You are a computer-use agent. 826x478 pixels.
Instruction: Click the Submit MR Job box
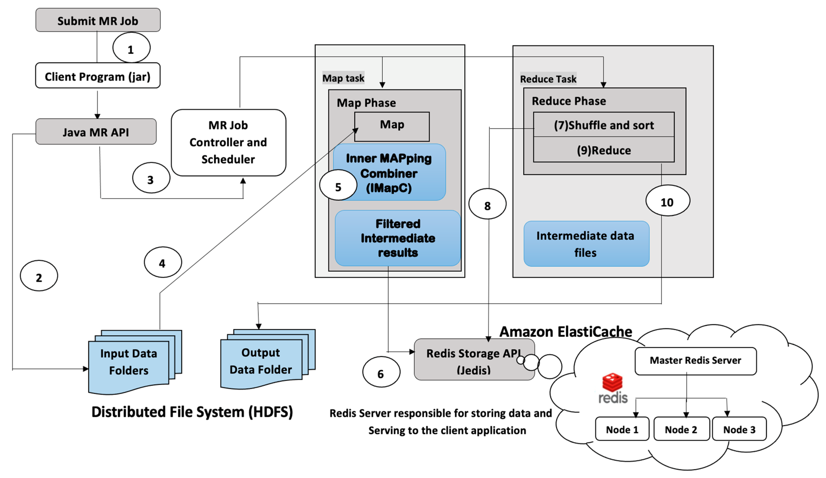98,20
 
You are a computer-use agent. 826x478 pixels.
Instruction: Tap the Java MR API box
96,132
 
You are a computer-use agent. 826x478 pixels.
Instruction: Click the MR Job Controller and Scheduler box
228,142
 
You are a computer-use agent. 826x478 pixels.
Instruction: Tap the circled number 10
667,201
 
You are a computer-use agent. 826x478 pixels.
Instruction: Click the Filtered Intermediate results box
398,238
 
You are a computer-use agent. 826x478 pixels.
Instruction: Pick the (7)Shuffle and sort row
604,125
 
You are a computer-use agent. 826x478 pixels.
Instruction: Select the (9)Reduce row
604,150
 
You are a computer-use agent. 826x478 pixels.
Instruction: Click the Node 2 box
681,429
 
